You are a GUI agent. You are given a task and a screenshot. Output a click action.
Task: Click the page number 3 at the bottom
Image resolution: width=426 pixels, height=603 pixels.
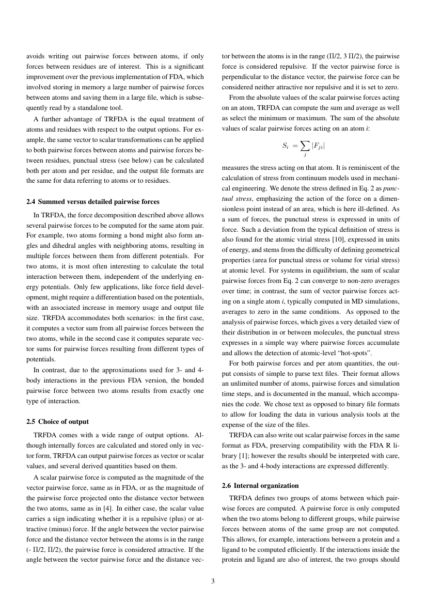click(213, 582)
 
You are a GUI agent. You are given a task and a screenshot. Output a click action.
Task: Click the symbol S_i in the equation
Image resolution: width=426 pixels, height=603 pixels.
click(285, 146)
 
